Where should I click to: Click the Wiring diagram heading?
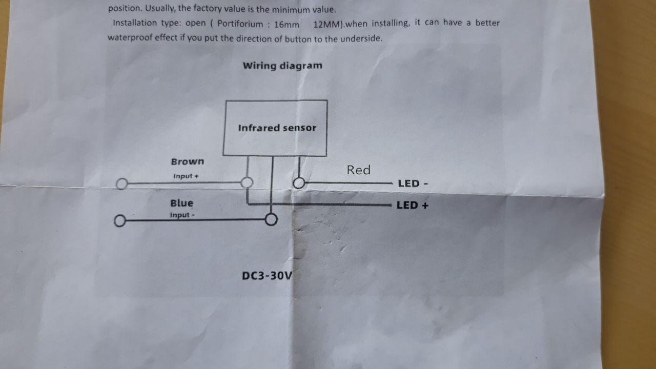point(282,66)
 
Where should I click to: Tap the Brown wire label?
point(188,161)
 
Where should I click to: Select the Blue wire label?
point(182,203)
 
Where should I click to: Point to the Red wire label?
point(358,170)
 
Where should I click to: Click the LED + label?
point(412,206)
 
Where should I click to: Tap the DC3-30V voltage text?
point(267,276)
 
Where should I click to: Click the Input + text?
point(186,176)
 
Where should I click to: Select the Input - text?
point(182,215)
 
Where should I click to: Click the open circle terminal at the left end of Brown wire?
point(121,183)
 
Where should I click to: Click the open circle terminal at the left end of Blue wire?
point(119,221)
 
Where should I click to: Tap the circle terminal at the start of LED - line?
point(299,183)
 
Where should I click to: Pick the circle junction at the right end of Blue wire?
point(271,220)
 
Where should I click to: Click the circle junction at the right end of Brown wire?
point(247,182)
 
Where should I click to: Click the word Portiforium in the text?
point(240,24)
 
